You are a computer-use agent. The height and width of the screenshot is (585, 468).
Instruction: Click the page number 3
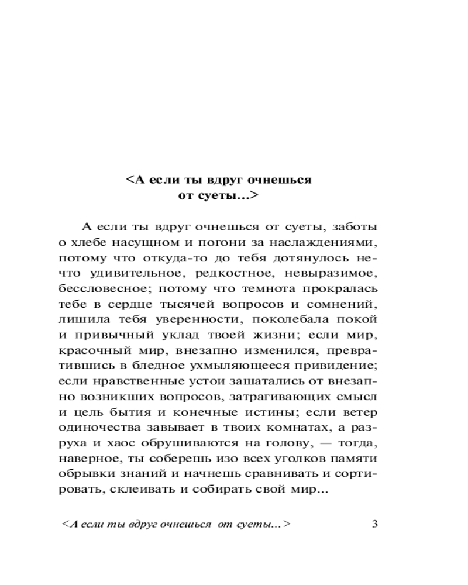click(x=374, y=524)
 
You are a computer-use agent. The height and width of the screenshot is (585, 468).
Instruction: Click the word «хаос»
click(x=126, y=429)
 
